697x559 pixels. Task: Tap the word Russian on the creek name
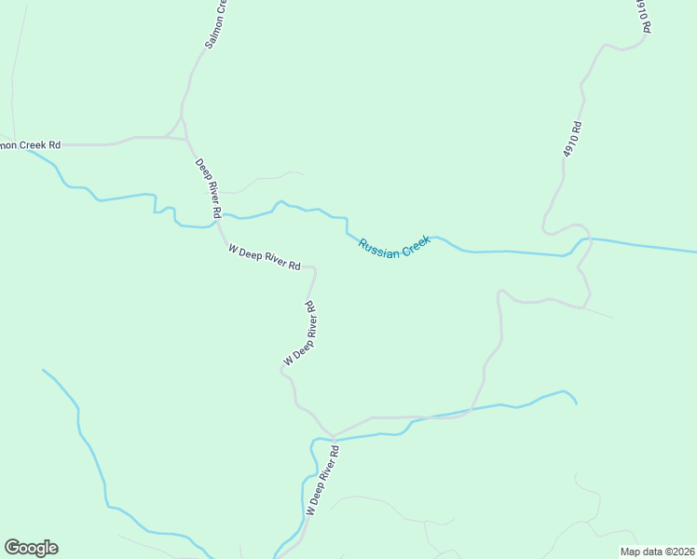tap(379, 248)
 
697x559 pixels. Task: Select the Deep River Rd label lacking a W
tap(208, 188)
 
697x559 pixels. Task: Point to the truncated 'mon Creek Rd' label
tap(30, 144)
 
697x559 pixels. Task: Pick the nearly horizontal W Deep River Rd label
tap(264, 257)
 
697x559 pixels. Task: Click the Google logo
tap(31, 548)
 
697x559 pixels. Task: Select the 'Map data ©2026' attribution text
tap(657, 551)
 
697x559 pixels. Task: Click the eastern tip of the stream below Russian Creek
tap(576, 402)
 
